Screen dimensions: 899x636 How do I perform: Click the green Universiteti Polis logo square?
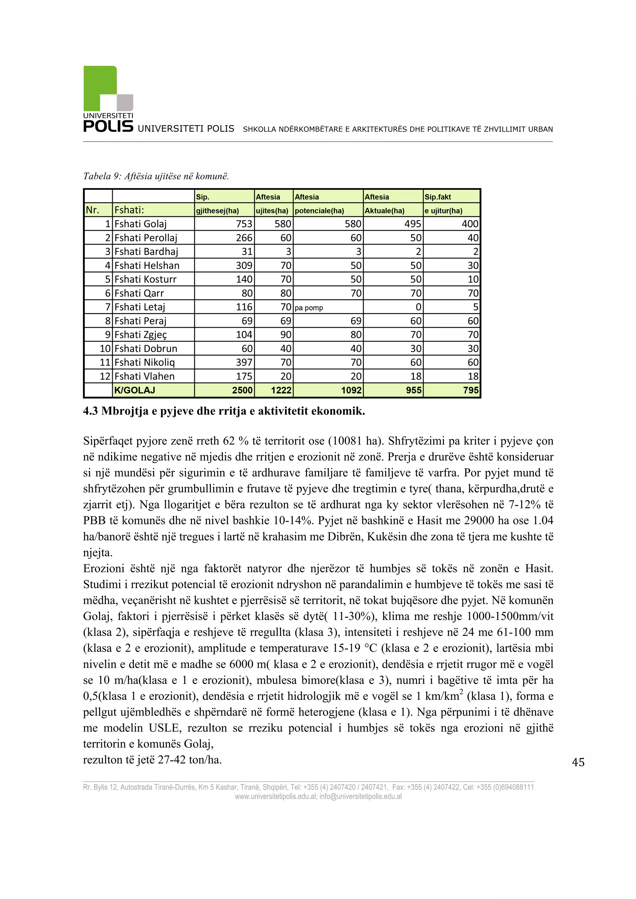click(x=100, y=88)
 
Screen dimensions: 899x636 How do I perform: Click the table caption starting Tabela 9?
click(x=156, y=176)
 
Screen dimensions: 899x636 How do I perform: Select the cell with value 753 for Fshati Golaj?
click(x=244, y=224)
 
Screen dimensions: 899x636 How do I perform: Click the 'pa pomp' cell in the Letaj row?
click(x=309, y=308)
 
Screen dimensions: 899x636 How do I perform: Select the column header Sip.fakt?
click(x=438, y=197)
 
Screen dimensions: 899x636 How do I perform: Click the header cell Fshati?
click(x=129, y=210)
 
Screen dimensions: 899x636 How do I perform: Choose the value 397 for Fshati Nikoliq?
click(x=244, y=363)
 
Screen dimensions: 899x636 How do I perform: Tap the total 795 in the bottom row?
click(x=470, y=391)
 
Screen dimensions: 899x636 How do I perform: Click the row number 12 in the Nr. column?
click(x=105, y=377)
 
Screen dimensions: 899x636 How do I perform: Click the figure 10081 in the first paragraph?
click(x=347, y=441)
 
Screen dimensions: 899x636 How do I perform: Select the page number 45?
click(x=578, y=762)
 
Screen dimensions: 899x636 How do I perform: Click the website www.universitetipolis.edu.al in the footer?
click(x=276, y=797)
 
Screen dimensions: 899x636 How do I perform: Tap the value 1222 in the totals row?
click(x=281, y=391)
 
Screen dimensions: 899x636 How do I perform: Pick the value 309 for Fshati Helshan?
click(x=244, y=266)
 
